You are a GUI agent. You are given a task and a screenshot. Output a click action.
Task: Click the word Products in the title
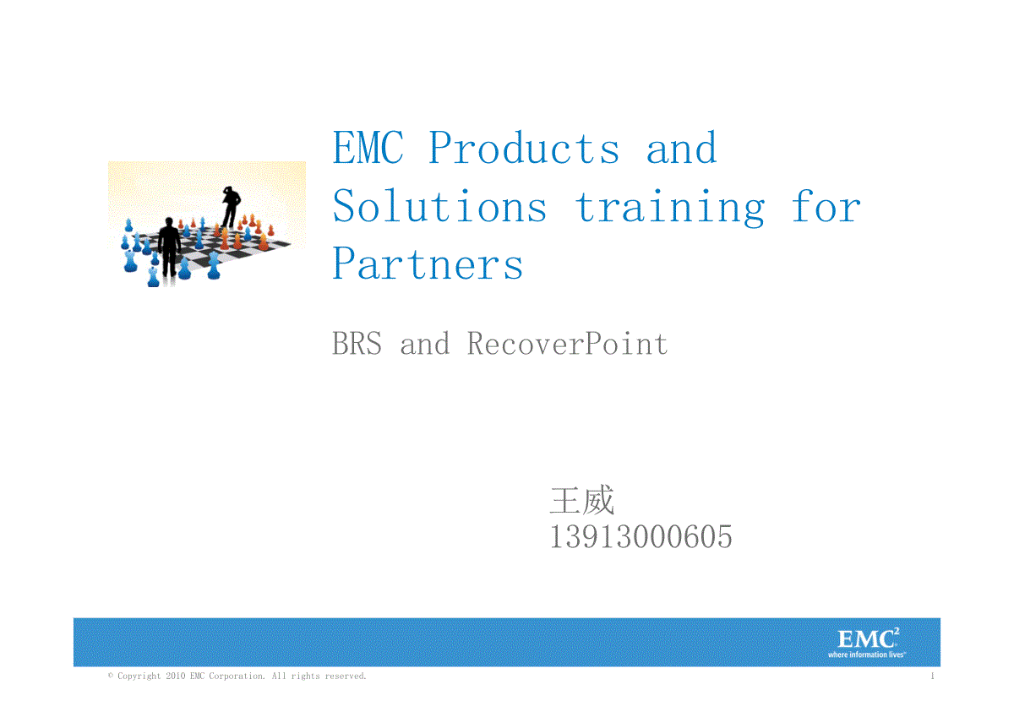(x=523, y=147)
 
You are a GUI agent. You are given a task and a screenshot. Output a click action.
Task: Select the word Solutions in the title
(x=439, y=206)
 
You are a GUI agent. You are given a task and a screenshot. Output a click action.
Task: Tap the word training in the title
(x=670, y=208)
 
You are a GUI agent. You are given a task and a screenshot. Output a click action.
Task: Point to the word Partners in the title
(x=428, y=263)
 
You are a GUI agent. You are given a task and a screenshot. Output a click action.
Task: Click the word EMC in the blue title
(x=368, y=147)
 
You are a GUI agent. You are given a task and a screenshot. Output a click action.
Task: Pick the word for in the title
(x=826, y=206)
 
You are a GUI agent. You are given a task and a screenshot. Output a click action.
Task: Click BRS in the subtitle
(x=357, y=344)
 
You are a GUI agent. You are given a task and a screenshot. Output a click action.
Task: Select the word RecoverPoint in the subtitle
(x=567, y=344)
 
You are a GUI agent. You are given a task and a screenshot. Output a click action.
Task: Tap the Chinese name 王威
(x=582, y=500)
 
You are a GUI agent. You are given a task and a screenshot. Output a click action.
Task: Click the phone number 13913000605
(x=641, y=537)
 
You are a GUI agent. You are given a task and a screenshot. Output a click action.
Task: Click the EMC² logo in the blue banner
(x=868, y=638)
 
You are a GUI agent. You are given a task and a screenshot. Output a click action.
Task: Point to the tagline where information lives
(x=866, y=655)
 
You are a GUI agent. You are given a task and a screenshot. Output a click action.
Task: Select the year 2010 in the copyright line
(x=176, y=676)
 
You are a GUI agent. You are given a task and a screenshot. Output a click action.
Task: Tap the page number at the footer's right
(x=932, y=676)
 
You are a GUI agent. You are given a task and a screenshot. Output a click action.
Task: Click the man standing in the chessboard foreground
(x=169, y=247)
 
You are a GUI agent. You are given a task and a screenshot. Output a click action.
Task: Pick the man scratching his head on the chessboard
(x=232, y=207)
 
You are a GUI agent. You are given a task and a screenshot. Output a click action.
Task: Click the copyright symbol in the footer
(x=111, y=676)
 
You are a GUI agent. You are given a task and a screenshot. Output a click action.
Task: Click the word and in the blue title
(x=682, y=148)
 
